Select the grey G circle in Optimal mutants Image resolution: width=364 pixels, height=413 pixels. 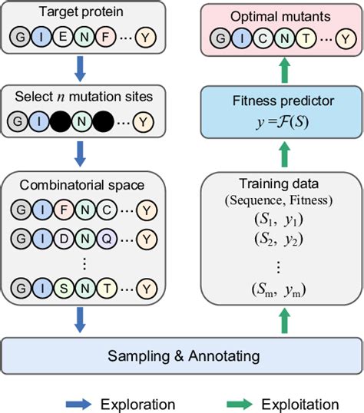pyautogui.click(x=220, y=38)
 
